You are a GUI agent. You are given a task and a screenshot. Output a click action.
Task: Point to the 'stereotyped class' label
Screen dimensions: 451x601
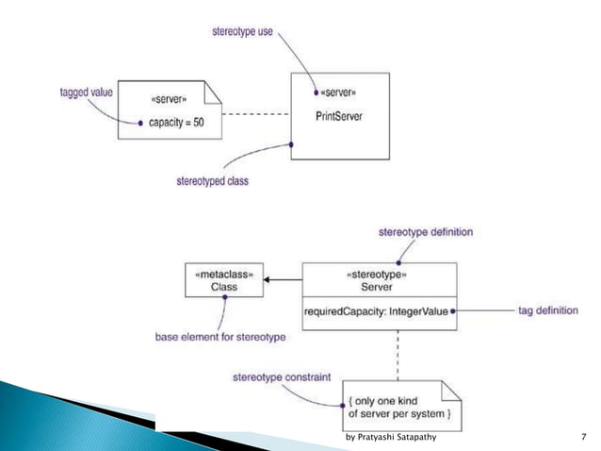[212, 180]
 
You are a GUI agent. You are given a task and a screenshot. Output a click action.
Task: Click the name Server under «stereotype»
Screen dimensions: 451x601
[378, 287]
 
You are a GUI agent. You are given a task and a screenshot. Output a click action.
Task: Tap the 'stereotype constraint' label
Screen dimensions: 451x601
[283, 376]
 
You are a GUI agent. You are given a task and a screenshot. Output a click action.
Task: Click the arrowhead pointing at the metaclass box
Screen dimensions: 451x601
[268, 280]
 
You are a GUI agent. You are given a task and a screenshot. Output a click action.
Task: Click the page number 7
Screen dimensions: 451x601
[584, 438]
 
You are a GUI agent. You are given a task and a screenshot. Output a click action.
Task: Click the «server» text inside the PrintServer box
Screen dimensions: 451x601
[339, 93]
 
